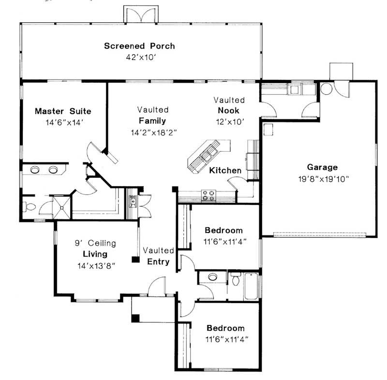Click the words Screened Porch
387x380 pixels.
pyautogui.click(x=139, y=46)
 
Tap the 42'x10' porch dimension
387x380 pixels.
pyautogui.click(x=139, y=57)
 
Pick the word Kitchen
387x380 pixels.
pyautogui.click(x=225, y=171)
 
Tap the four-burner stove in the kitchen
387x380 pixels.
pyautogui.click(x=208, y=195)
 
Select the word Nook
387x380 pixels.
pyautogui.click(x=229, y=111)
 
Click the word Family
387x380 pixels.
pyautogui.click(x=152, y=121)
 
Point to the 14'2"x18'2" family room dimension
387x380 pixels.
pyautogui.click(x=152, y=132)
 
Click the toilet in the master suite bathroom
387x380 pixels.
pyautogui.click(x=30, y=207)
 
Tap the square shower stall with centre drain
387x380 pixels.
pyautogui.click(x=61, y=206)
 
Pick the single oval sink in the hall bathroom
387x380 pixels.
pyautogui.click(x=212, y=277)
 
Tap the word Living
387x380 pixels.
pyautogui.click(x=94, y=254)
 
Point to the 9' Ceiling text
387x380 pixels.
pyautogui.click(x=95, y=243)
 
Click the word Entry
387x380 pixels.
pyautogui.click(x=158, y=262)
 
